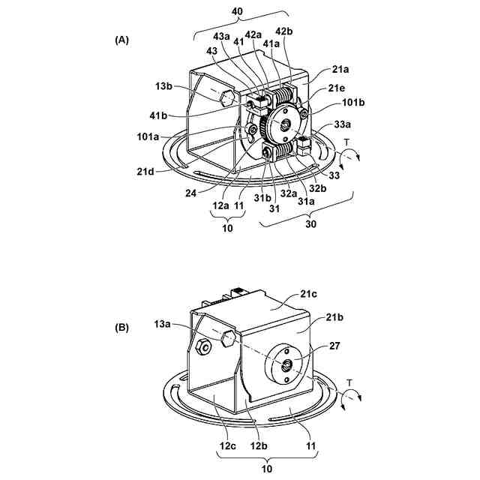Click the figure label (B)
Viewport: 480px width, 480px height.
point(121,328)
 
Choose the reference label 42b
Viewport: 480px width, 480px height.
point(283,31)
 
